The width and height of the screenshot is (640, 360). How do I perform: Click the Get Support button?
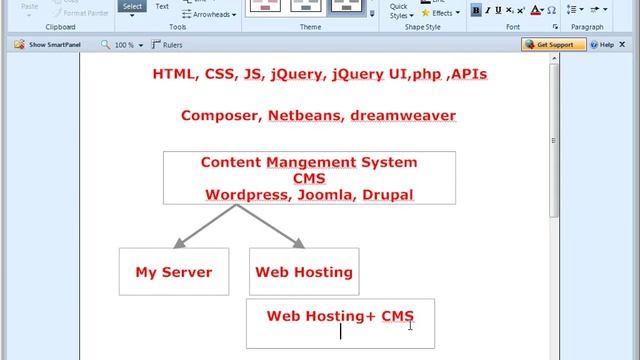pyautogui.click(x=553, y=45)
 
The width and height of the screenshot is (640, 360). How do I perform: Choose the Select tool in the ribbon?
pyautogui.click(x=132, y=7)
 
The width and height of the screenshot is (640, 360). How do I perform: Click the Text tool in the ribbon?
pyautogui.click(x=162, y=7)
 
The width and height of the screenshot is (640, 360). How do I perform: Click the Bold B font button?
pyautogui.click(x=475, y=10)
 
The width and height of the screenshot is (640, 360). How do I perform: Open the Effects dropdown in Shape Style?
pyautogui.click(x=443, y=14)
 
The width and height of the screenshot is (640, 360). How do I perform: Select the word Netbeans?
pyautogui.click(x=304, y=116)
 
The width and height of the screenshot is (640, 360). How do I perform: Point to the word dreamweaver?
pyautogui.click(x=403, y=116)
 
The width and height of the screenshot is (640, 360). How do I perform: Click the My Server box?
pyautogui.click(x=174, y=272)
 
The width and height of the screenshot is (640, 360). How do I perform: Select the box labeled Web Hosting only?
pyautogui.click(x=304, y=272)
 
